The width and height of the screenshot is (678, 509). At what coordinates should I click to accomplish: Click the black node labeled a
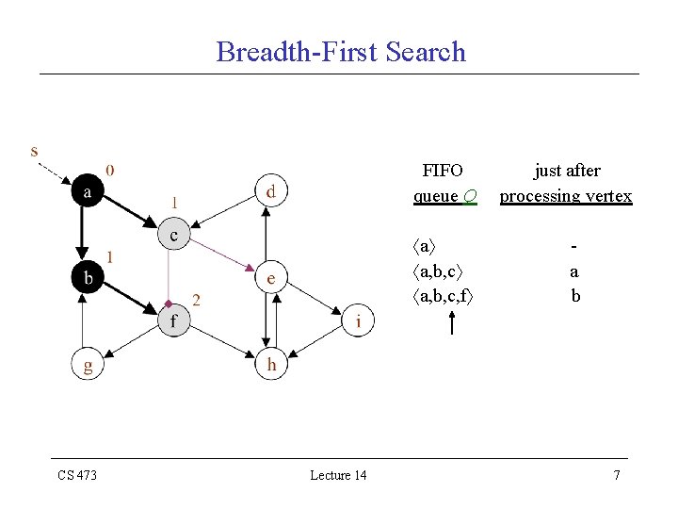[88, 192]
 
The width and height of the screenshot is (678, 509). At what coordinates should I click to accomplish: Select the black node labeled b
[88, 277]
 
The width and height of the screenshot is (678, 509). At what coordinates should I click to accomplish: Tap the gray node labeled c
[174, 235]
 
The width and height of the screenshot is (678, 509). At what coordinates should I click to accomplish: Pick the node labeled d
[270, 192]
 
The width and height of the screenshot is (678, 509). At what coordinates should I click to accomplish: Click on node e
[270, 278]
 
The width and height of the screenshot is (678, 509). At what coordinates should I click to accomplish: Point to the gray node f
[174, 321]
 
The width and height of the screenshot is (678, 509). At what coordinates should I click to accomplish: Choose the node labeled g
[88, 365]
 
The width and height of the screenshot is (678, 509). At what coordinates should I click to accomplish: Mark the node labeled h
[270, 365]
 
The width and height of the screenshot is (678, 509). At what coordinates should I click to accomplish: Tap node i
[357, 321]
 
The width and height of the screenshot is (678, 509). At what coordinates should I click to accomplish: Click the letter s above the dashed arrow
[35, 151]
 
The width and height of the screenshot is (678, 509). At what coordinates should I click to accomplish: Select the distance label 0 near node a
[111, 171]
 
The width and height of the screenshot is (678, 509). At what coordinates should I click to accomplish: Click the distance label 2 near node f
[196, 300]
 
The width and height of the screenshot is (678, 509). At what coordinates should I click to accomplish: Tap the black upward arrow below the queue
[452, 322]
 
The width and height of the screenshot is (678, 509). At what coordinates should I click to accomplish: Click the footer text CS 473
[77, 475]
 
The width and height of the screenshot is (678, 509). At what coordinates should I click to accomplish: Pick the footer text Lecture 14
[338, 475]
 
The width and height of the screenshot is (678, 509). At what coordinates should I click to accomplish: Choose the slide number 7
[617, 475]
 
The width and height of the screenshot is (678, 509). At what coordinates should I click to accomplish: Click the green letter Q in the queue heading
[469, 196]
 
